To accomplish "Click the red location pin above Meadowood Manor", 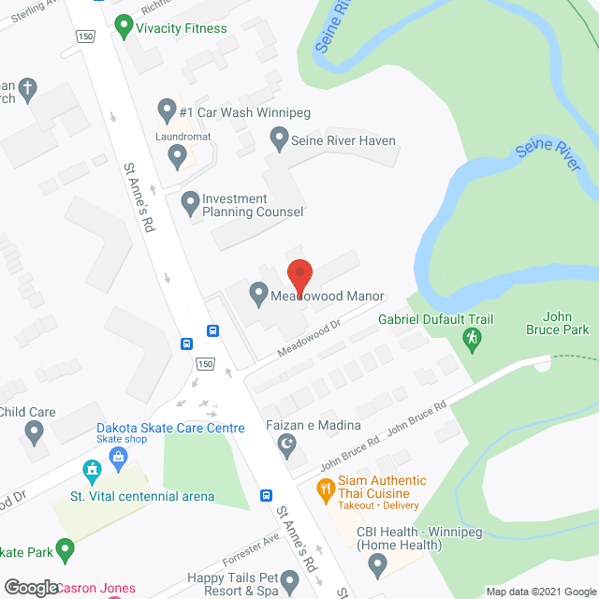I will coord(299,274).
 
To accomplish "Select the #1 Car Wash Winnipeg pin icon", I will coord(167,110).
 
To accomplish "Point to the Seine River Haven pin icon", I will coord(278,140).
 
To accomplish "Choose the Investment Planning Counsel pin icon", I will coord(190,201).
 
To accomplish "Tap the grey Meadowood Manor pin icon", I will coord(259,295).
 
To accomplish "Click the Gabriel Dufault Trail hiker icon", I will coord(474,337).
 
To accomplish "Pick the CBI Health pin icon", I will coord(377,562).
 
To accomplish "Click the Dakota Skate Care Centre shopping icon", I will coord(118,456).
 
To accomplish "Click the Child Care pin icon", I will coord(36,432).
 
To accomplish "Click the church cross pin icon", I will coord(28,91).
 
